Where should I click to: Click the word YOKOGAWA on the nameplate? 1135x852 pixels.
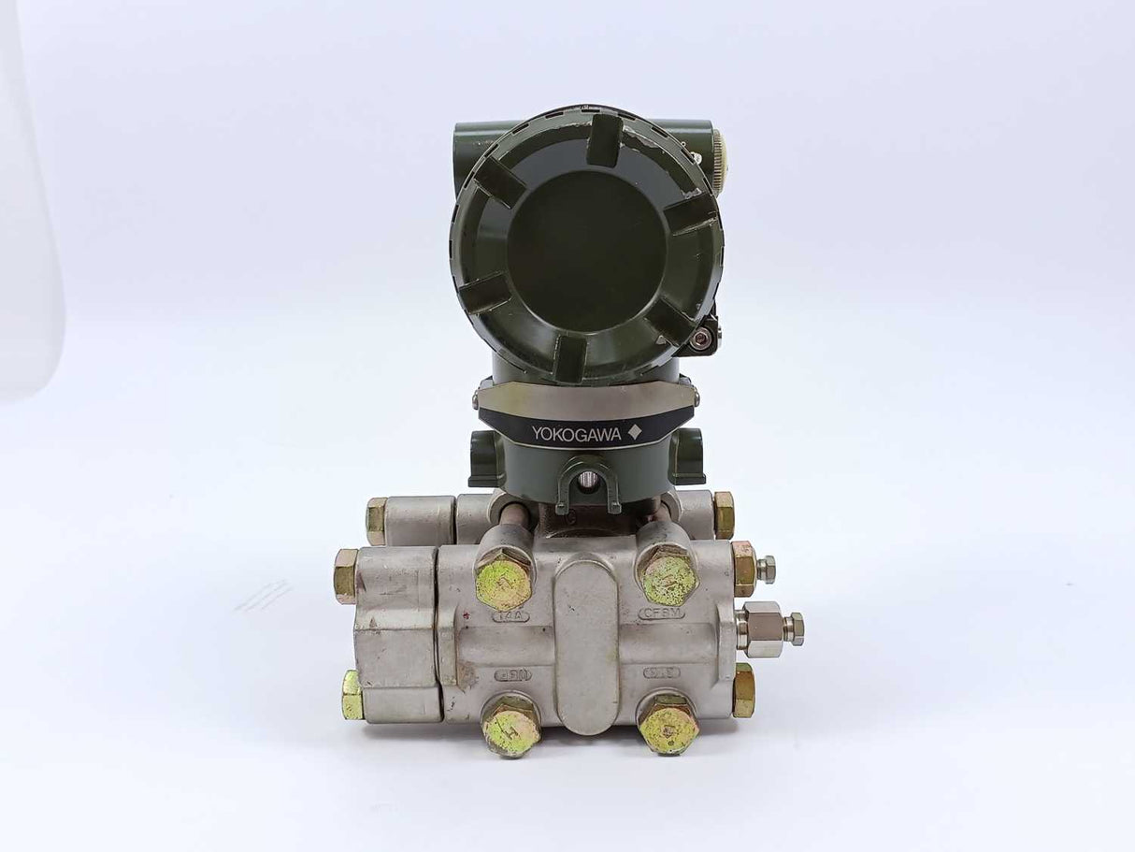tap(569, 433)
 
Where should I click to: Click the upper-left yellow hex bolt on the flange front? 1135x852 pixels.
tap(503, 580)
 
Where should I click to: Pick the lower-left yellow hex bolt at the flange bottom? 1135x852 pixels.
tap(510, 727)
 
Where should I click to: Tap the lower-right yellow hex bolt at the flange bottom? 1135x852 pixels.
tap(668, 724)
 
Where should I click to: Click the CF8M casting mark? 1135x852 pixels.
tap(661, 614)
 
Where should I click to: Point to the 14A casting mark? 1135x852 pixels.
tap(511, 615)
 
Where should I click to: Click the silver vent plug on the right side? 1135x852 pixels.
tap(769, 628)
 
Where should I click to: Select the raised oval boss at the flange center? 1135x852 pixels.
tap(586, 644)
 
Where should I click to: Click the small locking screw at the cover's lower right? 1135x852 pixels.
tap(700, 339)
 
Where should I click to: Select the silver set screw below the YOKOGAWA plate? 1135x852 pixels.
tap(587, 480)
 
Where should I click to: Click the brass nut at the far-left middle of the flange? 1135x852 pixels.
tap(345, 575)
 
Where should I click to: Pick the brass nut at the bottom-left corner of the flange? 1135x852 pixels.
tap(352, 696)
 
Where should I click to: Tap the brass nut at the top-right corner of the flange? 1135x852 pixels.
tap(724, 514)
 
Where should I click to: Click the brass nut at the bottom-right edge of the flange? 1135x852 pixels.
tap(743, 691)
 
